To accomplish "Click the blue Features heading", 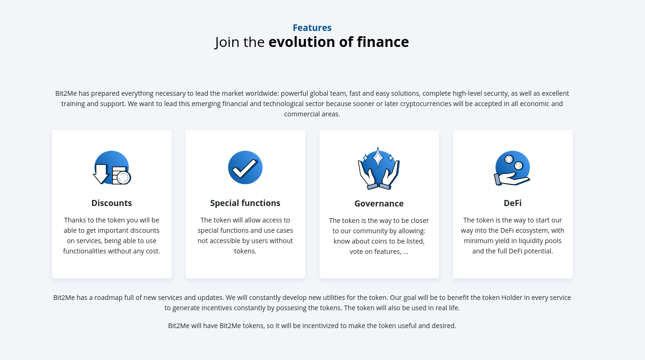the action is tap(312, 28).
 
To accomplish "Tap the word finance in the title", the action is tap(383, 42).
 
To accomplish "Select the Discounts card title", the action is tap(112, 203).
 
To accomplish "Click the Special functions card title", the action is tap(245, 203).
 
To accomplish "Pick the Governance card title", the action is tap(379, 204).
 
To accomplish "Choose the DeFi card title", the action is tap(513, 203).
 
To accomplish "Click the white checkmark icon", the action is tap(244, 168).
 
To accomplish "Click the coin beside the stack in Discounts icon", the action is tap(124, 178).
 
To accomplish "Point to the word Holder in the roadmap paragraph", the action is tap(512, 298).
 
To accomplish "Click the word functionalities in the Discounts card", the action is tap(84, 251).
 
